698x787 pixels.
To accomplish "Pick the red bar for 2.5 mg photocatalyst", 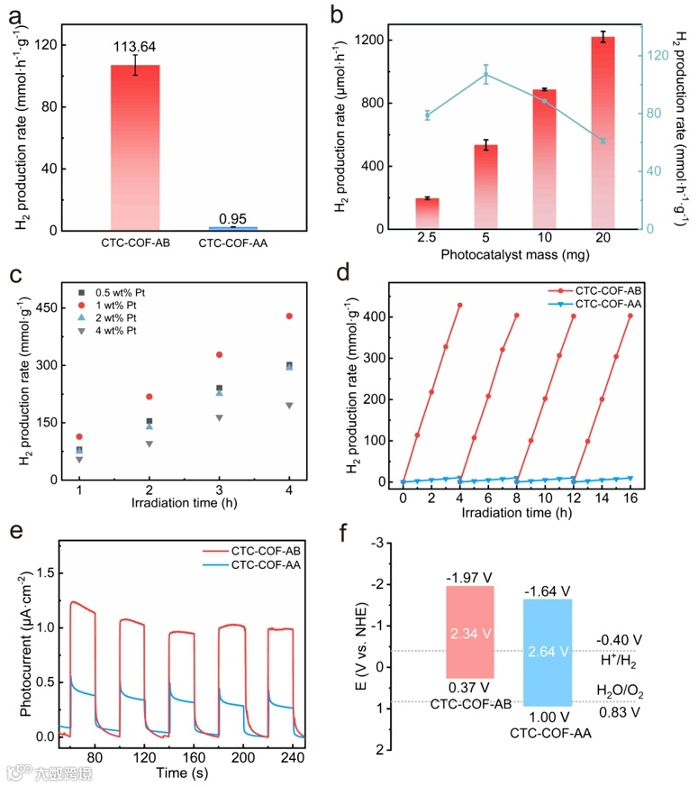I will [427, 213].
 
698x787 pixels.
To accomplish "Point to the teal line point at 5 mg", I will [485, 75].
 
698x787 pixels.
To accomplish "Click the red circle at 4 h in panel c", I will [289, 316].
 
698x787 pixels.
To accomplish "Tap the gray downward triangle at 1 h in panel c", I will [80, 460].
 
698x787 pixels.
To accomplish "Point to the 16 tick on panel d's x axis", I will [630, 497].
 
